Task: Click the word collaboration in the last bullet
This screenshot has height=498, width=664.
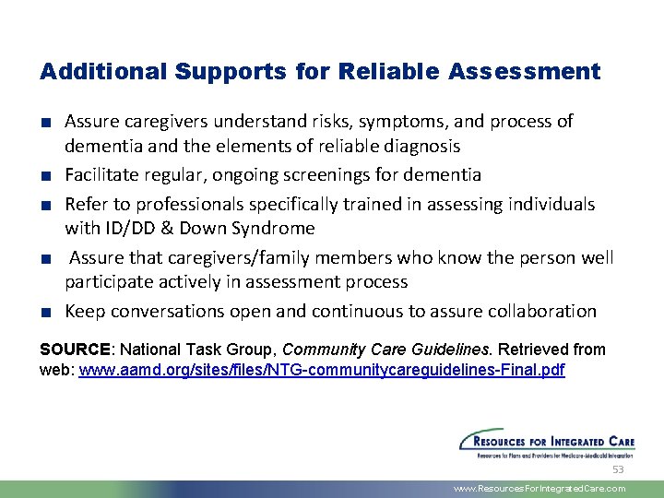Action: tap(543, 311)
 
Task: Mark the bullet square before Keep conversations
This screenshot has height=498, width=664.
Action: tap(46, 312)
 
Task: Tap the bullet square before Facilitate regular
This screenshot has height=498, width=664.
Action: tap(46, 175)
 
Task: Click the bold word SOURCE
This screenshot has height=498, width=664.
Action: tap(75, 350)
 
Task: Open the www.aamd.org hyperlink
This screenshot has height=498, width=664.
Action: tap(322, 370)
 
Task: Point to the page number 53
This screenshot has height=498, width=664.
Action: tap(618, 469)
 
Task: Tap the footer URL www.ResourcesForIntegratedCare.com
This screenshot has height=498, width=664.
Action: tap(539, 489)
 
